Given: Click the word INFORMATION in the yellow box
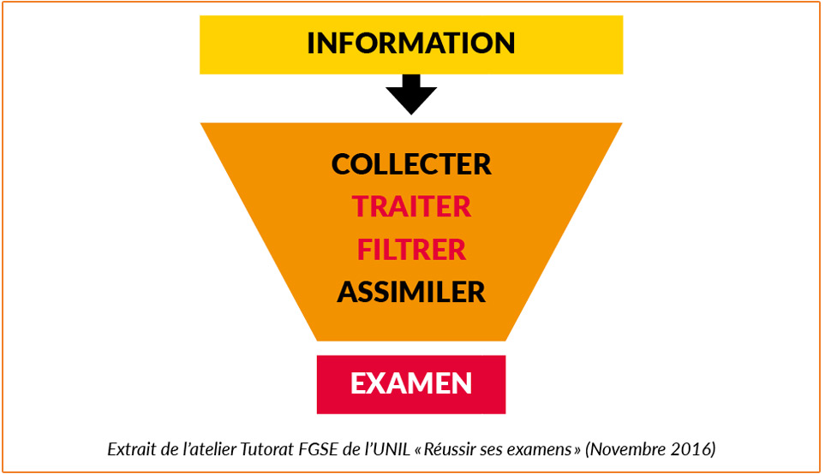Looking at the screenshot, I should (411, 43).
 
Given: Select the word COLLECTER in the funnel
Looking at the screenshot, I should (411, 164).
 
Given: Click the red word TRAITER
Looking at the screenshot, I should (411, 207).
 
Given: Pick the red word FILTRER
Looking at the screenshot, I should (411, 250).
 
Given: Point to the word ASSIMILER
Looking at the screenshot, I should (411, 293).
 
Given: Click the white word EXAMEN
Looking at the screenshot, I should (411, 383).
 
